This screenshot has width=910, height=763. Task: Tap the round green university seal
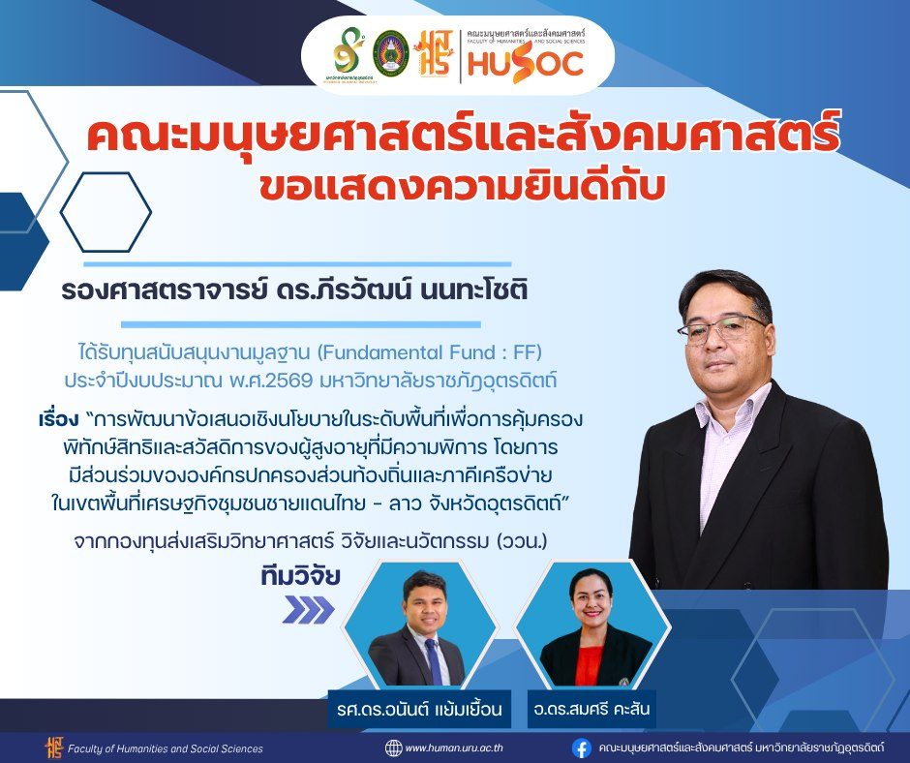(390, 53)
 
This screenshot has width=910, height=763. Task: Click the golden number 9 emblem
(349, 53)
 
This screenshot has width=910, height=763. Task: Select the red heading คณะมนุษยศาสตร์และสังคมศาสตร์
(463, 135)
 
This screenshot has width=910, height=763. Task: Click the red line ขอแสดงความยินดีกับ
(462, 187)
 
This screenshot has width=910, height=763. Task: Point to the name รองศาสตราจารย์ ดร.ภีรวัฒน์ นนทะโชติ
(294, 290)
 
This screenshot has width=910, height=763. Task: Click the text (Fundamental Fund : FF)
(430, 351)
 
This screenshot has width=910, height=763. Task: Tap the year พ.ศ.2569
(271, 381)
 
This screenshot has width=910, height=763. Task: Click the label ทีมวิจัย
(300, 576)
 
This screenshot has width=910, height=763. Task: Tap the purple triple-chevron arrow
(308, 610)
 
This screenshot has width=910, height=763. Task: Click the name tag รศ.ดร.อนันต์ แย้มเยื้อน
(419, 709)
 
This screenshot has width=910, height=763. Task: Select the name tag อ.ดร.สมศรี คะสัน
(591, 709)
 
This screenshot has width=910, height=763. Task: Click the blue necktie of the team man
(434, 662)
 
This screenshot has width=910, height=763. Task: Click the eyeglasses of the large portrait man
(721, 328)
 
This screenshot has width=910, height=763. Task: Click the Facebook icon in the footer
(582, 748)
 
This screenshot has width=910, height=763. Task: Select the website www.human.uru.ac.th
(454, 748)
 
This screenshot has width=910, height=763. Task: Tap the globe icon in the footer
(393, 748)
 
